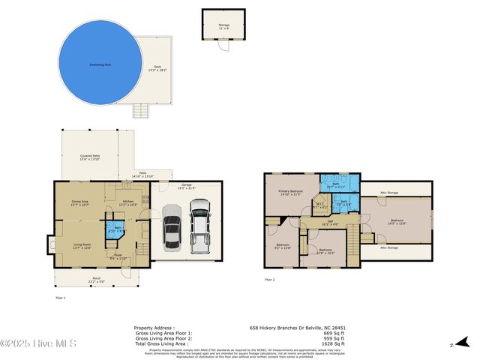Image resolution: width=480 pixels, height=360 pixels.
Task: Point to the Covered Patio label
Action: [x=90, y=157]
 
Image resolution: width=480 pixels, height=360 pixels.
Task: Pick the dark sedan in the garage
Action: [x=172, y=232]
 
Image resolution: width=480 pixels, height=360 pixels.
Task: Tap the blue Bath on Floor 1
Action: [x=114, y=229]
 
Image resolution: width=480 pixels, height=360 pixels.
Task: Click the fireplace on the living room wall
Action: [x=50, y=245]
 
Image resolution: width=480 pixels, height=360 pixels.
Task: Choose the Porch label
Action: [x=96, y=280]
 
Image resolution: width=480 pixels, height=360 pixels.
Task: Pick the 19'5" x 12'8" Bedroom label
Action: [x=397, y=221]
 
